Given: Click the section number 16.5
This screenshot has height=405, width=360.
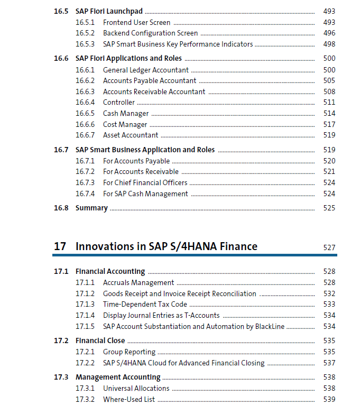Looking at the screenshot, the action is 61,11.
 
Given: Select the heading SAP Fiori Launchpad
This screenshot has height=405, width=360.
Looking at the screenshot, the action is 109,11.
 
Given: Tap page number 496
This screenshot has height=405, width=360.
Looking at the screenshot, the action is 329,33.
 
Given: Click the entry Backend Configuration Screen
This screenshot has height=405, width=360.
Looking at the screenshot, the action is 150,33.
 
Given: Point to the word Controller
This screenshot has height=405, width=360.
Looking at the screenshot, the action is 119,102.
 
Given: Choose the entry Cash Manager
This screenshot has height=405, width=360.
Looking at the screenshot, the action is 126,114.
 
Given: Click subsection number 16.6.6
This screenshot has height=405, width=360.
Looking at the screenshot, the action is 85,124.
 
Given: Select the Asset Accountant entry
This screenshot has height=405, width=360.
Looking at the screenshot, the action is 131,135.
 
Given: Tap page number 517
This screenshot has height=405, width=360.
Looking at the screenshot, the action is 329,124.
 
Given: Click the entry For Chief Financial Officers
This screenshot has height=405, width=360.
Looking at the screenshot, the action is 145,182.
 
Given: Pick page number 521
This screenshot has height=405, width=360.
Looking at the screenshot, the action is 329,171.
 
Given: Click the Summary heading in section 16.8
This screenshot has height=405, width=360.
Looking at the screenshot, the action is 91,208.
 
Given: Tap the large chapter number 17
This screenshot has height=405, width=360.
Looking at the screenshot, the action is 60,246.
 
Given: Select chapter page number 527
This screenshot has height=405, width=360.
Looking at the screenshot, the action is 329,247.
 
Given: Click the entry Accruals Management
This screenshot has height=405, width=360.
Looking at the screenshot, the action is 139,283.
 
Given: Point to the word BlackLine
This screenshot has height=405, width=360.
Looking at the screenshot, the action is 270,326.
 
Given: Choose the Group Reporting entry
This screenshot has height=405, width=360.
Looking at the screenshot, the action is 129,352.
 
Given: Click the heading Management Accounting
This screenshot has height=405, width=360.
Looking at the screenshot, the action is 118,378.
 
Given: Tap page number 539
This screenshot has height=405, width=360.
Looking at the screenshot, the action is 329,399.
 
